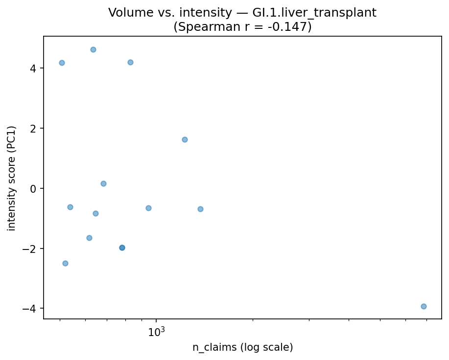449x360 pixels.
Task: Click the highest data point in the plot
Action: pyautogui.click(x=93, y=49)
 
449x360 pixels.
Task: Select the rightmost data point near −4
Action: pyautogui.click(x=424, y=306)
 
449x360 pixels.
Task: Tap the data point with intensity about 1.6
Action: pyautogui.click(x=185, y=139)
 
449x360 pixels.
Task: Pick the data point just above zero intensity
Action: pyautogui.click(x=103, y=183)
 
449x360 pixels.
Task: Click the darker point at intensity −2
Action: pyautogui.click(x=122, y=247)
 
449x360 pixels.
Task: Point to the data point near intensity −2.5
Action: pyautogui.click(x=65, y=263)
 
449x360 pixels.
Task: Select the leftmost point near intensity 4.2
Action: pyautogui.click(x=62, y=63)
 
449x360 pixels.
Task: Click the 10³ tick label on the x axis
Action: pyautogui.click(x=156, y=332)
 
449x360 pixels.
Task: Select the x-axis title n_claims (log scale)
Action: pyautogui.click(x=242, y=348)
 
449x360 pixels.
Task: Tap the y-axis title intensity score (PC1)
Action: pyautogui.click(x=12, y=178)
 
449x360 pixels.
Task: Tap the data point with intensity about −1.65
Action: pyautogui.click(x=89, y=238)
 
